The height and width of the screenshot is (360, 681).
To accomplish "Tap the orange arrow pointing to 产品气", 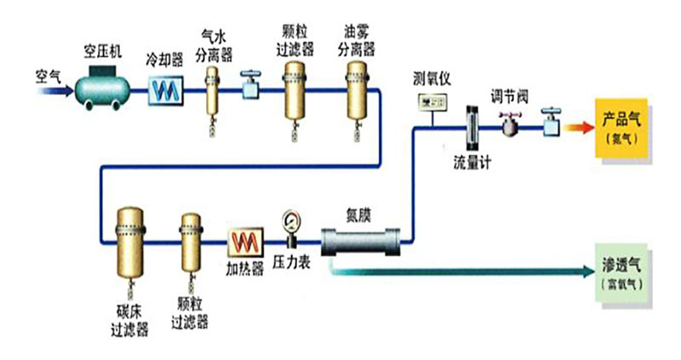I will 579,127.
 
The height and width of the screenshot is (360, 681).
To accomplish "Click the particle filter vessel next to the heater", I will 190,243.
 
